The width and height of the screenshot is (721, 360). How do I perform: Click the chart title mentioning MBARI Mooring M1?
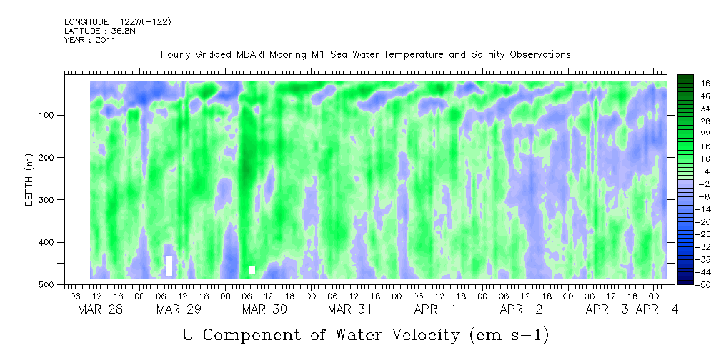pos(365,54)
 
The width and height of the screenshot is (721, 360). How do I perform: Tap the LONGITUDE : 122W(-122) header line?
pos(118,22)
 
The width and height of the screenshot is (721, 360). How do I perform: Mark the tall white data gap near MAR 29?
pos(169,265)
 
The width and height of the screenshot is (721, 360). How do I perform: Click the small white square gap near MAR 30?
pos(252,269)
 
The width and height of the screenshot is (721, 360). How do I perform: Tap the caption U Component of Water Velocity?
pos(365,334)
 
